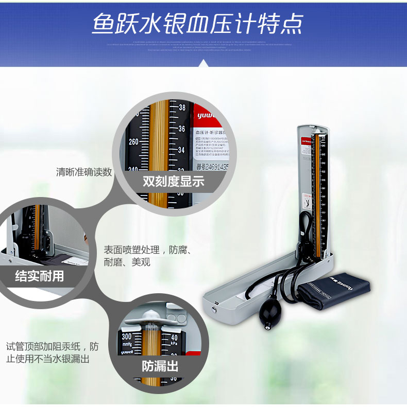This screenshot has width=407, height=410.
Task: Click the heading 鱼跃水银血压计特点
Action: pyautogui.click(x=198, y=23)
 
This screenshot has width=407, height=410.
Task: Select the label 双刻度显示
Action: pyautogui.click(x=174, y=181)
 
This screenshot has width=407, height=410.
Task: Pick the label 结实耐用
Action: pyautogui.click(x=40, y=276)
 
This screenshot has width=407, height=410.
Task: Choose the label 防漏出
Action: pyautogui.click(x=160, y=366)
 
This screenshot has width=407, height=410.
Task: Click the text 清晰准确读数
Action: pyautogui.click(x=84, y=172)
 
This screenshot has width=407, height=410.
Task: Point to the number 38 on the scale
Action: pyautogui.click(x=182, y=108)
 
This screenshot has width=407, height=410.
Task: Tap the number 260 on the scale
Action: pyautogui.click(x=133, y=142)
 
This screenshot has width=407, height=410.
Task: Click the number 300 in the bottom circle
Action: pyautogui.click(x=127, y=335)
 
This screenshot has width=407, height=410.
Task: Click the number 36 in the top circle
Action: pyautogui.click(x=182, y=129)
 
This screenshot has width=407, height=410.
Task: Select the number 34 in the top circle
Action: pyautogui.click(x=182, y=150)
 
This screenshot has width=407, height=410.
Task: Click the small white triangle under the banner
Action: pyautogui.click(x=203, y=63)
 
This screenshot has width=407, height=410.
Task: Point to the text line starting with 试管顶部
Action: pyautogui.click(x=52, y=346)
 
